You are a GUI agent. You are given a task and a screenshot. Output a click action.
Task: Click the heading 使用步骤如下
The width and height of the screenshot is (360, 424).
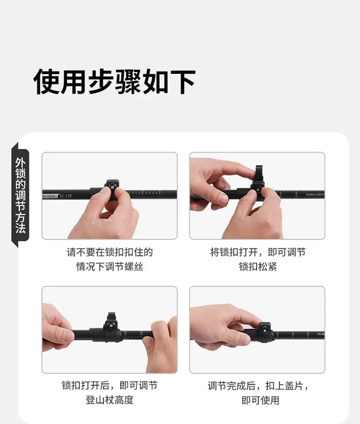pyautogui.click(x=114, y=81)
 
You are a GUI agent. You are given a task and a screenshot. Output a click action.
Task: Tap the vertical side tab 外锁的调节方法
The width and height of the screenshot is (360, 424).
pyautogui.click(x=21, y=194)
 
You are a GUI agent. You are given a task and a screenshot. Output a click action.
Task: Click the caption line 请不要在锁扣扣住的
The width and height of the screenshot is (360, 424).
pyautogui.click(x=109, y=252)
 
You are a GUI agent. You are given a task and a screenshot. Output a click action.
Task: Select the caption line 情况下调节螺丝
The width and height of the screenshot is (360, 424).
pyautogui.click(x=109, y=267)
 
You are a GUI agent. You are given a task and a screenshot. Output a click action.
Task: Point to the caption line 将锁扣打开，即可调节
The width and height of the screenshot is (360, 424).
pyautogui.click(x=258, y=252)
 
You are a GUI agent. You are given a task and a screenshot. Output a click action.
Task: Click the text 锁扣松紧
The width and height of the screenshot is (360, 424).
pyautogui.click(x=258, y=267)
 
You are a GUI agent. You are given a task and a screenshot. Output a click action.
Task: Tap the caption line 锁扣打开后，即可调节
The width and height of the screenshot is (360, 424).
pyautogui.click(x=109, y=385)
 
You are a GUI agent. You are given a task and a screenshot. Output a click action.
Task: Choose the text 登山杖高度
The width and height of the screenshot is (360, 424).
pyautogui.click(x=109, y=400)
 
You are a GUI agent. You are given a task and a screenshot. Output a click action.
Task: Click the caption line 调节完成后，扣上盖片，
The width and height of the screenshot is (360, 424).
pyautogui.click(x=258, y=385)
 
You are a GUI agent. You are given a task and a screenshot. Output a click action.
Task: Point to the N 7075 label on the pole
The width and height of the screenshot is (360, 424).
pyautogui.click(x=49, y=195)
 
